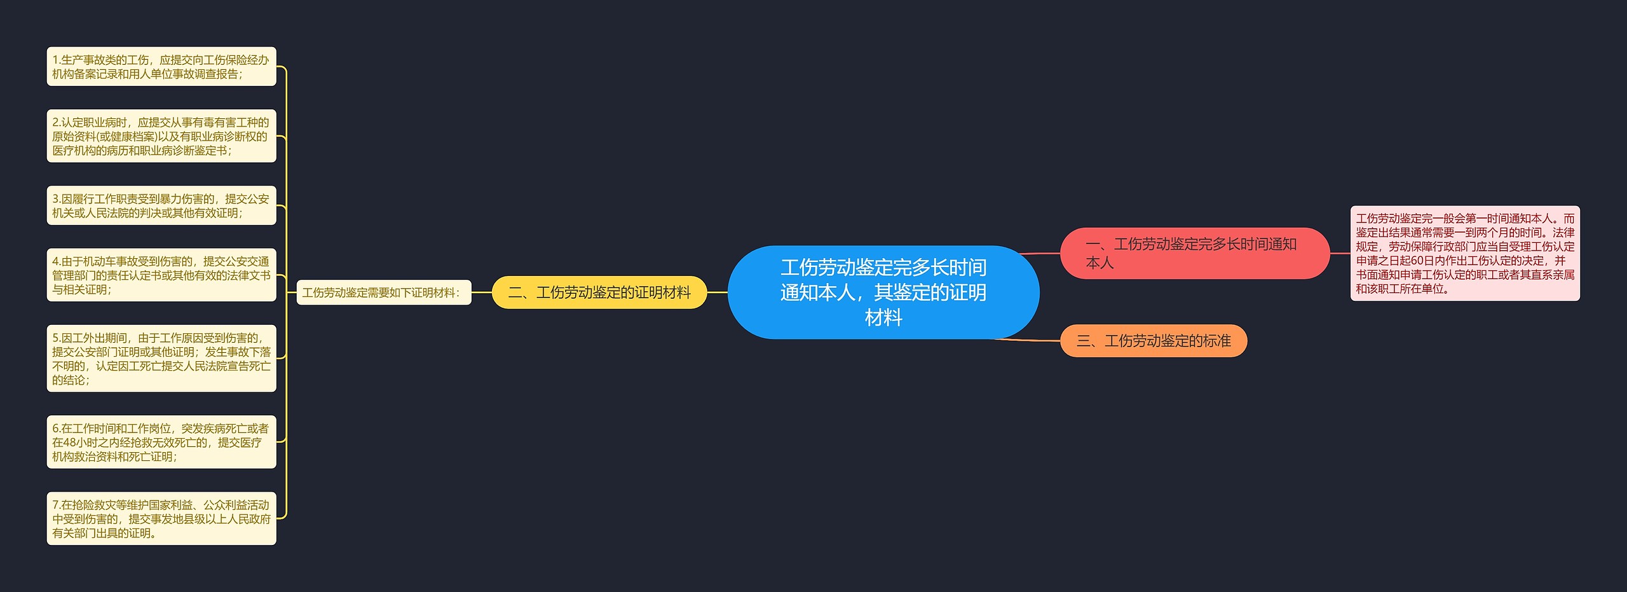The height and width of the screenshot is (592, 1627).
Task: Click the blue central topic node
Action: click(883, 292)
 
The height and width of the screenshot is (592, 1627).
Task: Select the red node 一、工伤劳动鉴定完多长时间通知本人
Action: click(1194, 253)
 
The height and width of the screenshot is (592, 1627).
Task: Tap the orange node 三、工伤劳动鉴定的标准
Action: click(1153, 341)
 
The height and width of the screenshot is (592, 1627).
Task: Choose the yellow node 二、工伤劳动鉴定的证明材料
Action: click(599, 293)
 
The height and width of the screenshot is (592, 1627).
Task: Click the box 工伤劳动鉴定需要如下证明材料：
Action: click(383, 293)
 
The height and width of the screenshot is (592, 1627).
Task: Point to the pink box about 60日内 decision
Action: click(1464, 253)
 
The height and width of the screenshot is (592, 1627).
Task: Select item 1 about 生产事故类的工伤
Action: click(161, 67)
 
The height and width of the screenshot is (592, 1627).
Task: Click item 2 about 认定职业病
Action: click(161, 136)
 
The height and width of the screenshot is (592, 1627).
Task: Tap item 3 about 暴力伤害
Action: click(161, 205)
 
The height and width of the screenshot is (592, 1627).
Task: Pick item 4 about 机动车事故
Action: click(161, 275)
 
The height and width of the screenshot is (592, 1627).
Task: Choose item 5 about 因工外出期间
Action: click(161, 359)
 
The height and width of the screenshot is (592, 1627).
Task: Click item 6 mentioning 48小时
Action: click(161, 442)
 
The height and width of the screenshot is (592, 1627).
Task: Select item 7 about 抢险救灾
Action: click(161, 518)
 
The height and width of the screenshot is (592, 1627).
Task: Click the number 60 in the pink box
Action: click(1417, 261)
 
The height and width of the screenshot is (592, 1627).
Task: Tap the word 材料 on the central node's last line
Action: click(883, 317)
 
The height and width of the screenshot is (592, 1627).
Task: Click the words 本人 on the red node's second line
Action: click(1099, 263)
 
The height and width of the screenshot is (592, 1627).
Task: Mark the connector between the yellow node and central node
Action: click(717, 293)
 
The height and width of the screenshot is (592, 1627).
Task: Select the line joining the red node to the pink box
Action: click(1340, 253)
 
